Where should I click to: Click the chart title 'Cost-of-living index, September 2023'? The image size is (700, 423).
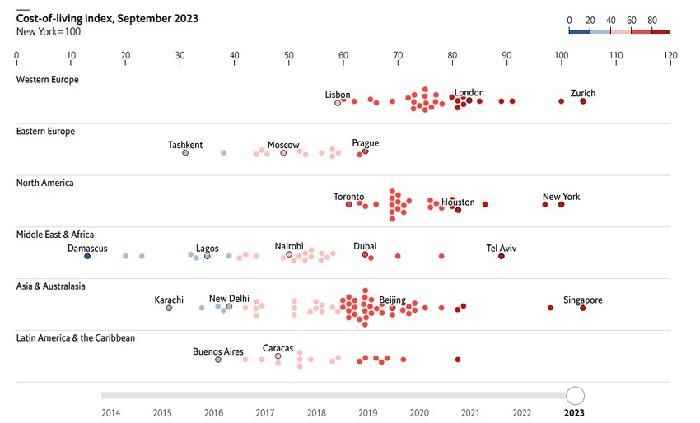click(x=107, y=18)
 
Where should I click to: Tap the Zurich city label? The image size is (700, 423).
click(x=582, y=93)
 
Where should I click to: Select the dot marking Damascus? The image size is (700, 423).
click(x=87, y=257)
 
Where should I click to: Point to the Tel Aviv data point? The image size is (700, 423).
click(x=501, y=257)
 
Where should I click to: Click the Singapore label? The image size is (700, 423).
click(x=582, y=300)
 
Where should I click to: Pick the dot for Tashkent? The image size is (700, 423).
click(x=185, y=153)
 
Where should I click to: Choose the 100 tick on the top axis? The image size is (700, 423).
click(x=562, y=57)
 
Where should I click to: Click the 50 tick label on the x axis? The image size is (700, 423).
click(x=289, y=57)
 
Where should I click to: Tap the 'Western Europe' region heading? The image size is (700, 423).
click(x=47, y=80)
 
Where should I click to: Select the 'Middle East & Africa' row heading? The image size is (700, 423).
click(x=55, y=235)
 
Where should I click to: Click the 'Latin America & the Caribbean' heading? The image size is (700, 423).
click(x=76, y=338)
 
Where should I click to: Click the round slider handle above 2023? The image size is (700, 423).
click(x=576, y=396)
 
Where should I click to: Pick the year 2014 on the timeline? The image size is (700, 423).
click(x=110, y=413)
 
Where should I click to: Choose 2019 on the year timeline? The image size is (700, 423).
click(x=367, y=413)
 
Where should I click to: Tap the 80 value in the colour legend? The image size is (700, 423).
click(x=652, y=20)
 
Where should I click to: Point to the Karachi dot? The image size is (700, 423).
click(x=169, y=308)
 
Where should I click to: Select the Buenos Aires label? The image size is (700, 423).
click(x=218, y=351)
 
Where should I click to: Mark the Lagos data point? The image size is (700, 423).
click(x=207, y=257)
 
